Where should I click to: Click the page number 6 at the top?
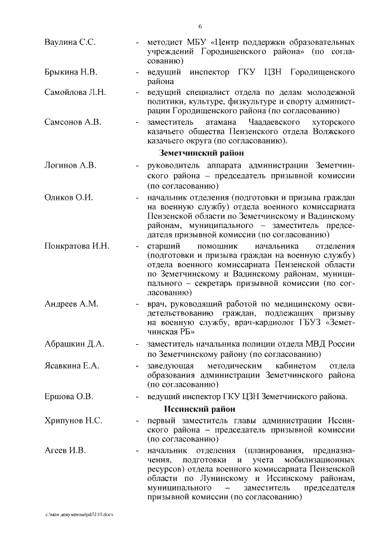[x=200, y=26]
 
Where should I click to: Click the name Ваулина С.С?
[x=70, y=43]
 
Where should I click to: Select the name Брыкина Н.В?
[x=71, y=72]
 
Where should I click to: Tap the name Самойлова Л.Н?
[x=75, y=92]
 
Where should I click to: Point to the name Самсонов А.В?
[x=73, y=122]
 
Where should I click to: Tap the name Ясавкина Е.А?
[x=72, y=364]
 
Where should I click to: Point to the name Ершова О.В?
[x=69, y=396]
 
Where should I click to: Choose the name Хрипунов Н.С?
[x=74, y=422]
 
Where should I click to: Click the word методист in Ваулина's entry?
[x=168, y=43]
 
